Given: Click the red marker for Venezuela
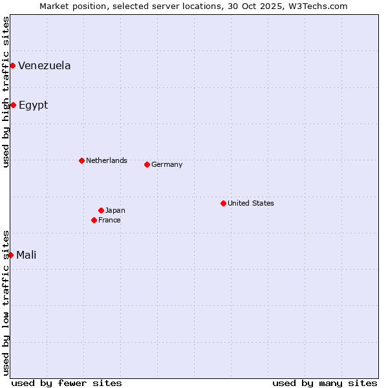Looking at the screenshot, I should (x=12, y=65).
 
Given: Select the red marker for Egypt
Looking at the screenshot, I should (x=13, y=105).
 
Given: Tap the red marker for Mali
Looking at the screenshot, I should (x=10, y=255).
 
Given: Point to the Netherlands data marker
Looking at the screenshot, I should (x=81, y=160).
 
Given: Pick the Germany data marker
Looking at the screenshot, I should (x=147, y=164).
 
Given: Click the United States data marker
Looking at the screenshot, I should (x=223, y=203).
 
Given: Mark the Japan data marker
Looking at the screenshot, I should (x=101, y=210).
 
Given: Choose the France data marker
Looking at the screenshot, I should (x=94, y=220).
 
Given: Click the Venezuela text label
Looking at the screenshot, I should (x=45, y=65).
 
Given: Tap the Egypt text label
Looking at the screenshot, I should (x=33, y=105).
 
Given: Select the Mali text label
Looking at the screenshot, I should (x=27, y=255).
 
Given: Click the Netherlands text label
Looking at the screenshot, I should (x=106, y=160).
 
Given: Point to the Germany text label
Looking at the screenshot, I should (x=167, y=164).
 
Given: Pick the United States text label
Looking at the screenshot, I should (x=251, y=203).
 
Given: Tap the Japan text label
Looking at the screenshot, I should (x=115, y=210).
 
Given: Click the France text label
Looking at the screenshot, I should (x=109, y=220).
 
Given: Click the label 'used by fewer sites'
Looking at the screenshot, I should (x=67, y=383).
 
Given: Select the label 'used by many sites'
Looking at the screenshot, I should (x=325, y=383).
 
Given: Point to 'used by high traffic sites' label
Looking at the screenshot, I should (x=6, y=92).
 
